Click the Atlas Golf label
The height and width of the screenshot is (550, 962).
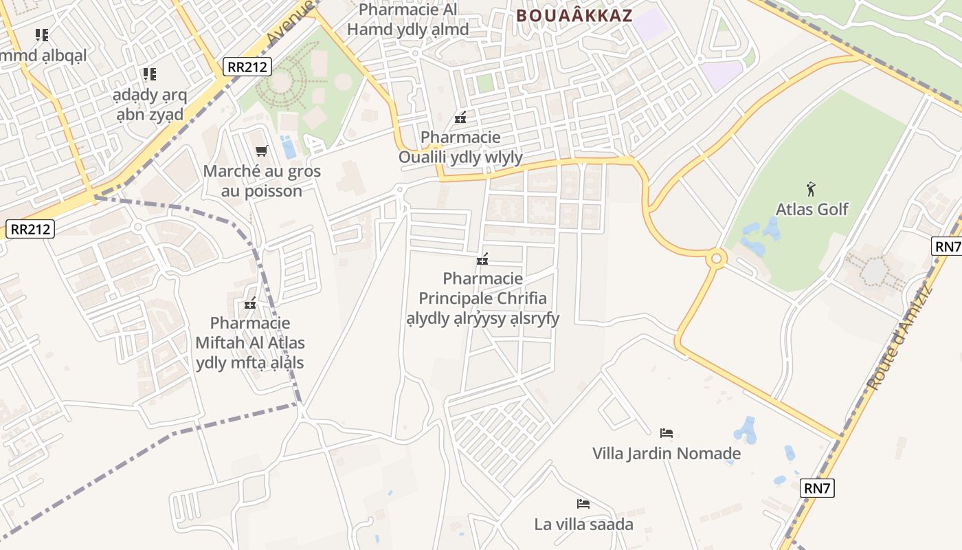812,209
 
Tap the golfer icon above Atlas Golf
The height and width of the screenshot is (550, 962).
812,188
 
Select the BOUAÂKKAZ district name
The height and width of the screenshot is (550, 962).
574,16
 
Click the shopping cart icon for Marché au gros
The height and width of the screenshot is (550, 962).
261,151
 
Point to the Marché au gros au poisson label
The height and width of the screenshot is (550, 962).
262,181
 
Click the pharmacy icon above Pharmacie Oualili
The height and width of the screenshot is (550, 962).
460,118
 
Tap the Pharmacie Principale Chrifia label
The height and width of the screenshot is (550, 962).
482,298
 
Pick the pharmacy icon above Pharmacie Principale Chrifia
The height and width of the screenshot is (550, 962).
482,259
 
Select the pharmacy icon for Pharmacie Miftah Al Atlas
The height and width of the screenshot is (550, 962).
250,303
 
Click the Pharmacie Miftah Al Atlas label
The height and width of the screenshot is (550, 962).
250,342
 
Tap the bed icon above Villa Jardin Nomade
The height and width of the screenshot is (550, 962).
666,432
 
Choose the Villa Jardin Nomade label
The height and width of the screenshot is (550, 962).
667,454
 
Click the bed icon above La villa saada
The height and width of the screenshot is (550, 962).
583,503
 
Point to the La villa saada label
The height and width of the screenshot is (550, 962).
583,525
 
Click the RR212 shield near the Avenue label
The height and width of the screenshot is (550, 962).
247,67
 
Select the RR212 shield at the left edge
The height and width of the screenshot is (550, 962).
30,229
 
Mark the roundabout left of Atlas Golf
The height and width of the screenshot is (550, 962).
716,258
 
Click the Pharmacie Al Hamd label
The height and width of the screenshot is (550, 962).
408,19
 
